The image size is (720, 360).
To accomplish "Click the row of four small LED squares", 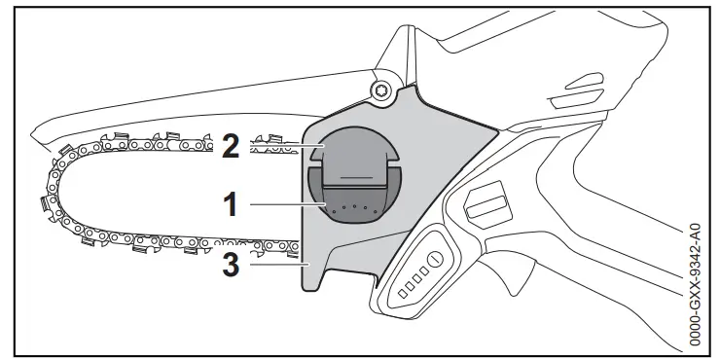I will [x=406, y=280].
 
